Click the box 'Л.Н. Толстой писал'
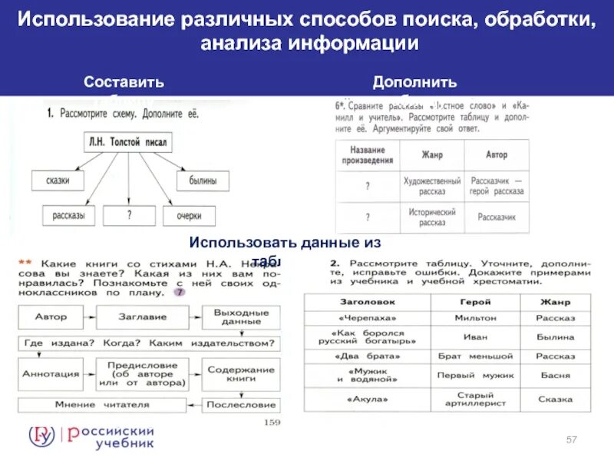coord(126,142)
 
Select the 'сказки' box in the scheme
coord(58,181)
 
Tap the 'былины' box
coord(203,181)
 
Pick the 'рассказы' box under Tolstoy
coord(68,216)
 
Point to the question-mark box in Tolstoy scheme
coord(128,216)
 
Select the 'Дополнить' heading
coord(414,82)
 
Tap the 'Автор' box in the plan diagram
coord(51,317)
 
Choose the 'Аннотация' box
coord(51,373)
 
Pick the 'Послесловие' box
coord(240,404)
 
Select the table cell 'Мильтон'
coord(476,317)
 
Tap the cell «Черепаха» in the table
coord(367,317)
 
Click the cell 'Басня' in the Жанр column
coord(554,375)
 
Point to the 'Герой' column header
coord(476,302)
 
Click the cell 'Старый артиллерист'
coord(476,399)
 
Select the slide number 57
coord(571,439)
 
